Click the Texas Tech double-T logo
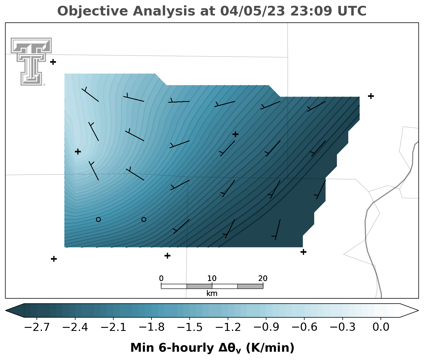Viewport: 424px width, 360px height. click(31, 61)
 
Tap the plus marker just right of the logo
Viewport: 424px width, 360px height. click(53, 62)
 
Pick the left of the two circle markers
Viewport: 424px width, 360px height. click(98, 219)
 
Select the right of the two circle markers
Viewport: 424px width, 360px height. click(144, 219)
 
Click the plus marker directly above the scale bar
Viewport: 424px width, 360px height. click(167, 256)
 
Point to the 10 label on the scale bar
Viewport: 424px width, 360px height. click(212, 279)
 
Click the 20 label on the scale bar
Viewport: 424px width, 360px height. click(263, 279)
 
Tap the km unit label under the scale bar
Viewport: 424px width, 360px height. click(212, 294)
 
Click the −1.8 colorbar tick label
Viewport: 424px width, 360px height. click(151, 327)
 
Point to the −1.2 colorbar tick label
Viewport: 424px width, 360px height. click(228, 327)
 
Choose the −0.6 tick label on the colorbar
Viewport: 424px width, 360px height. click(304, 327)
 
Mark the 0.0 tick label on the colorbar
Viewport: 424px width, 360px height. click(381, 327)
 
